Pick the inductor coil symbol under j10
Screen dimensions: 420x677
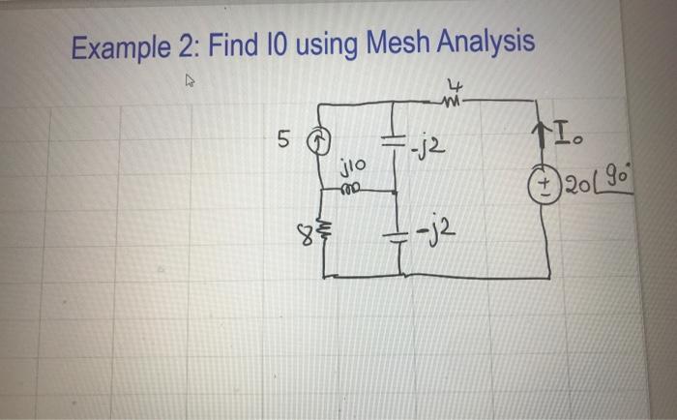pos(350,191)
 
